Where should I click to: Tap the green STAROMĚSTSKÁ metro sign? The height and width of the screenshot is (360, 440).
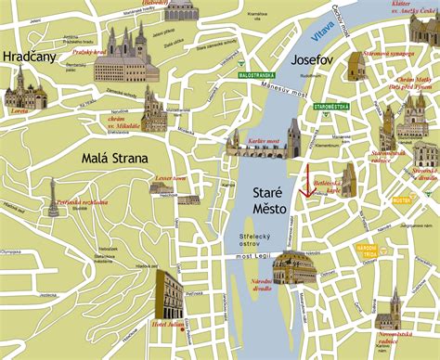click(330, 107)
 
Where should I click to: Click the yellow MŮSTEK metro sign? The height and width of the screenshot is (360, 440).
click(401, 199)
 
